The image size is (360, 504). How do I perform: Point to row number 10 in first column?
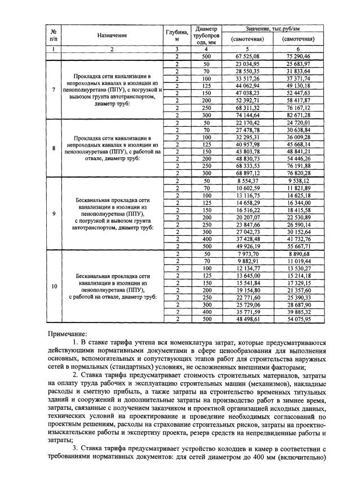54,286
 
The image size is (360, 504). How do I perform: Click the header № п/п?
54,35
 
